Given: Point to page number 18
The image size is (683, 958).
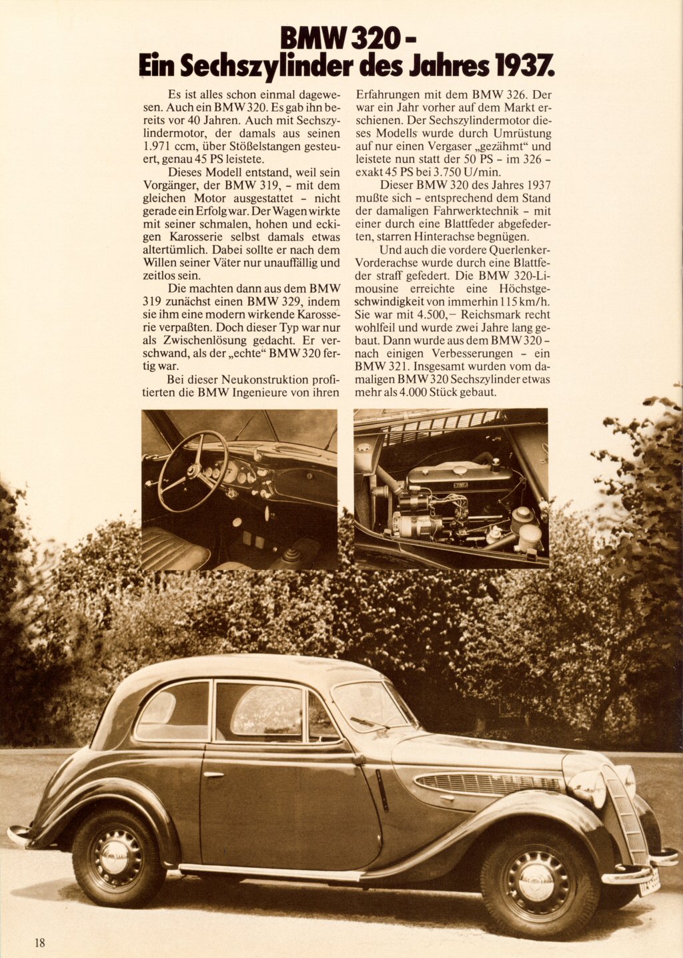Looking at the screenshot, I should pyautogui.click(x=40, y=943).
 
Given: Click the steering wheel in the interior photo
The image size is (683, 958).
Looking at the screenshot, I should pyautogui.click(x=193, y=471).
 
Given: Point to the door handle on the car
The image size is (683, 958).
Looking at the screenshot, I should pyautogui.click(x=213, y=774).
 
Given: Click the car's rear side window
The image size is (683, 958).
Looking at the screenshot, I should pyautogui.click(x=173, y=712).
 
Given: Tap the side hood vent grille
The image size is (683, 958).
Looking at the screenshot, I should pyautogui.click(x=487, y=783).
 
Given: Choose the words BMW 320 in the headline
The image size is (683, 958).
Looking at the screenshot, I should pyautogui.click(x=339, y=39).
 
